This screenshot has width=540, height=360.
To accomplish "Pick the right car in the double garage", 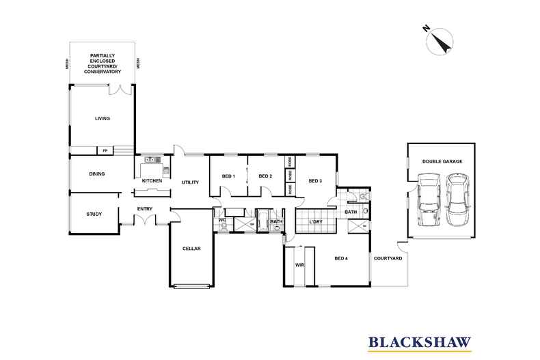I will tap(458, 200).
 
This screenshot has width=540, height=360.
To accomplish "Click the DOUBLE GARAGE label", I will tap(442, 161).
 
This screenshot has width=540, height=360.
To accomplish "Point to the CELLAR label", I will tap(191, 249).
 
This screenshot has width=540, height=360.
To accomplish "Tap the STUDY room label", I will tap(94, 214).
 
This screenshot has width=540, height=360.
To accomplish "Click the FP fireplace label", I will tap(105, 151).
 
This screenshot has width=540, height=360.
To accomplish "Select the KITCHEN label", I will tap(152, 180).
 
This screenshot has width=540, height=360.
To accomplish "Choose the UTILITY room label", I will tap(189, 182).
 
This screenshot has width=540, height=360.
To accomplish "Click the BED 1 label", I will tap(228, 177).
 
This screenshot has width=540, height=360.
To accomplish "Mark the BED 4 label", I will tap(342, 258).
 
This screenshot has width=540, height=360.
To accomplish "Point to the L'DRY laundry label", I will tap(316, 222).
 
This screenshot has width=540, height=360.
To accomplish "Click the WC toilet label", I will tap(222, 220).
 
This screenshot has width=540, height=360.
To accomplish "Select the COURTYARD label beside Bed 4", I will tap(388, 259).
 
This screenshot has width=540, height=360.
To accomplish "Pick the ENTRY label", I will tap(144, 209).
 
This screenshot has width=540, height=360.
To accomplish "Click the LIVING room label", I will tap(103, 118).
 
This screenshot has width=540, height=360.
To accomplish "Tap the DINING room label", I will tap(96, 174).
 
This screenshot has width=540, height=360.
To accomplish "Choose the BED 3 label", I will tap(314, 181).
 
